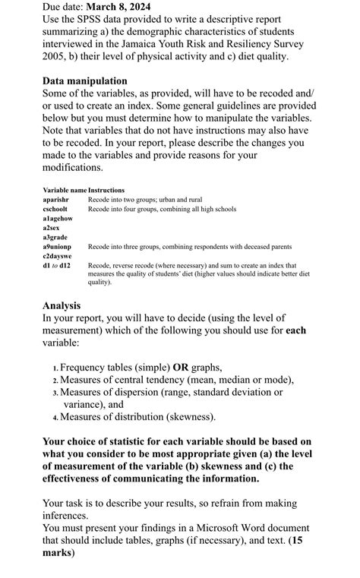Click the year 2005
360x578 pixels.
tap(56, 58)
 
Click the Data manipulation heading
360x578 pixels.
tap(85, 81)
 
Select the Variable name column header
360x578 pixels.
tap(65, 189)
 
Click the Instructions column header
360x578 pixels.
tap(106, 189)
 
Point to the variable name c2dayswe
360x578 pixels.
tap(58, 256)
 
